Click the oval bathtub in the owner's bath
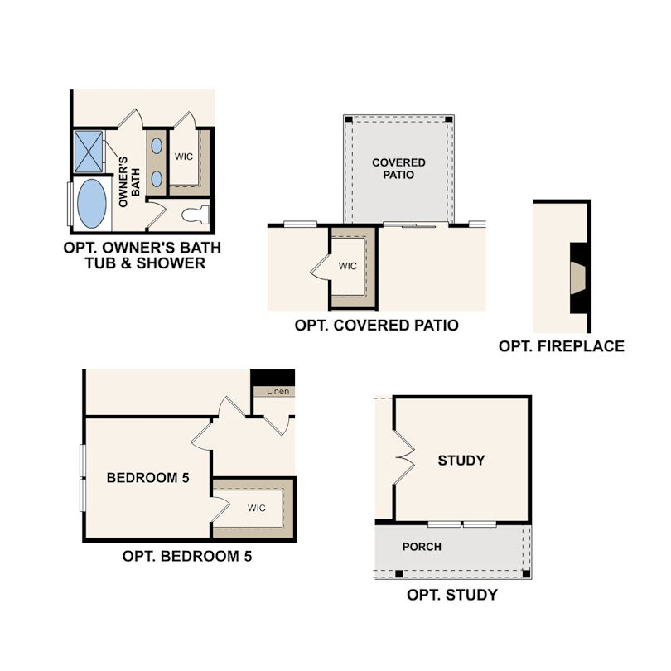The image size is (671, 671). pyautogui.click(x=92, y=204)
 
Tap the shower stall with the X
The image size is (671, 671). pyautogui.click(x=89, y=152)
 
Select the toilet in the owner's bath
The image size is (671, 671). pyautogui.click(x=196, y=215)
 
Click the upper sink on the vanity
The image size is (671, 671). pyautogui.click(x=157, y=146)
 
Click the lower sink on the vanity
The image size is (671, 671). pyautogui.click(x=157, y=179)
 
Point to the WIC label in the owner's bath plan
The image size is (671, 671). pyautogui.click(x=184, y=157)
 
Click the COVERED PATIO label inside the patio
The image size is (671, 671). pyautogui.click(x=398, y=169)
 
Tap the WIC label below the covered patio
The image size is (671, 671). pyautogui.click(x=347, y=266)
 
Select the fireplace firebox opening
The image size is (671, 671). pyautogui.click(x=577, y=278)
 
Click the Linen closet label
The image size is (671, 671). pyautogui.click(x=278, y=391)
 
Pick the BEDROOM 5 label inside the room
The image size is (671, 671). pyautogui.click(x=147, y=478)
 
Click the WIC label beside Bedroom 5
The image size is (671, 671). pyautogui.click(x=256, y=508)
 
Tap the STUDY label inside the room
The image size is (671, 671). pyautogui.click(x=461, y=461)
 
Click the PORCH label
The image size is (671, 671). pyautogui.click(x=422, y=547)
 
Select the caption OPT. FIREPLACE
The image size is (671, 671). pyautogui.click(x=561, y=346)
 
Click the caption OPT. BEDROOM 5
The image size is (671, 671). pyautogui.click(x=187, y=557)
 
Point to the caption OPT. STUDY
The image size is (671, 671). pyautogui.click(x=452, y=595)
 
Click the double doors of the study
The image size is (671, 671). pyautogui.click(x=404, y=457)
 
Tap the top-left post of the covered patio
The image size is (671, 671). pyautogui.click(x=349, y=119)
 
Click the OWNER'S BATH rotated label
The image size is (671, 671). pyautogui.click(x=128, y=182)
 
